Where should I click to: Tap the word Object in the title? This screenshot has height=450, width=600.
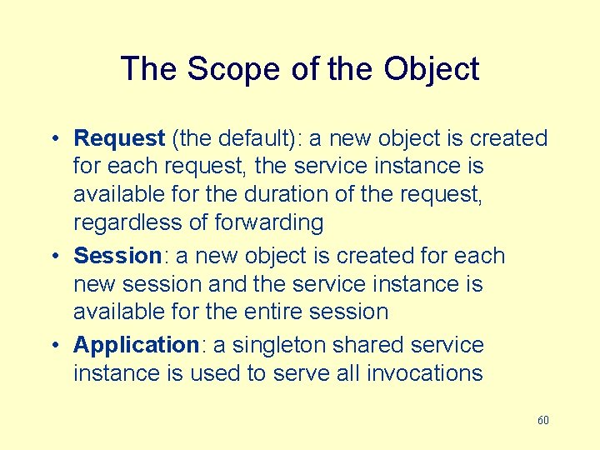point(432,68)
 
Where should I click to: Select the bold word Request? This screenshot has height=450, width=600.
point(119,138)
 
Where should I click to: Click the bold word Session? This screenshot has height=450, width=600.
point(117,256)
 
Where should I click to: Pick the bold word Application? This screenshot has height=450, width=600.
point(134,345)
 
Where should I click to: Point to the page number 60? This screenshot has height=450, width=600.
point(542,420)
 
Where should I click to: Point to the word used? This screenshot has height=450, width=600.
point(212,373)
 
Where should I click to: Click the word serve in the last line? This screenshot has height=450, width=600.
point(302,373)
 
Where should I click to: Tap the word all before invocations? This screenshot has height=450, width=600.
point(348,373)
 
